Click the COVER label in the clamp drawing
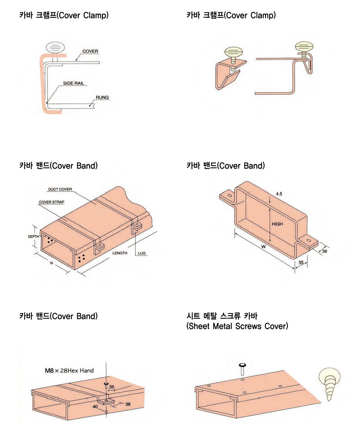click(x=90, y=51)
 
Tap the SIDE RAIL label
click(x=74, y=83)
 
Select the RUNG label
click(x=102, y=97)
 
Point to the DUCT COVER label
click(x=60, y=189)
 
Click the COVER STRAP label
click(x=51, y=202)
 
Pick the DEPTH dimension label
click(x=33, y=237)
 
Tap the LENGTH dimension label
click(x=120, y=253)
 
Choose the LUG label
click(x=141, y=253)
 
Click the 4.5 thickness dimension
click(x=279, y=194)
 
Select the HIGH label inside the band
click(x=277, y=224)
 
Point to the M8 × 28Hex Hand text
click(x=69, y=371)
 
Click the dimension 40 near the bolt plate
click(x=95, y=407)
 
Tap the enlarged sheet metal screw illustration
click(x=330, y=383)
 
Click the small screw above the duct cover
click(x=243, y=369)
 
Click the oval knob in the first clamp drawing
click(x=55, y=48)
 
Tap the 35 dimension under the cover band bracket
click(x=301, y=262)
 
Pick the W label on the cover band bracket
click(x=263, y=247)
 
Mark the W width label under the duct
click(x=51, y=263)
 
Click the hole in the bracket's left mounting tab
click(x=230, y=196)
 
